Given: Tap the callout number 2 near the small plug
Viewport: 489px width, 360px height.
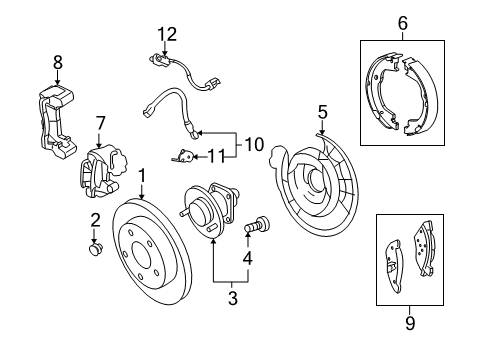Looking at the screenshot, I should point(95,221).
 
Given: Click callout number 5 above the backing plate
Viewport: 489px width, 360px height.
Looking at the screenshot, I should point(322,111).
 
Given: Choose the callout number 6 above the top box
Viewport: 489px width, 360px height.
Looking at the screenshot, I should point(402,21).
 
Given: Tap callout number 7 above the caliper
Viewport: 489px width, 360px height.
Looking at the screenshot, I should point(100,123).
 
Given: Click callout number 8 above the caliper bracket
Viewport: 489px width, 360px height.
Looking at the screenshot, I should point(57,62).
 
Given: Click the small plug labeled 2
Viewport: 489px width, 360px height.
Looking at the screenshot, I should point(97,248).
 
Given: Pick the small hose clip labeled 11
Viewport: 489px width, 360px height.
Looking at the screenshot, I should point(183,154).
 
